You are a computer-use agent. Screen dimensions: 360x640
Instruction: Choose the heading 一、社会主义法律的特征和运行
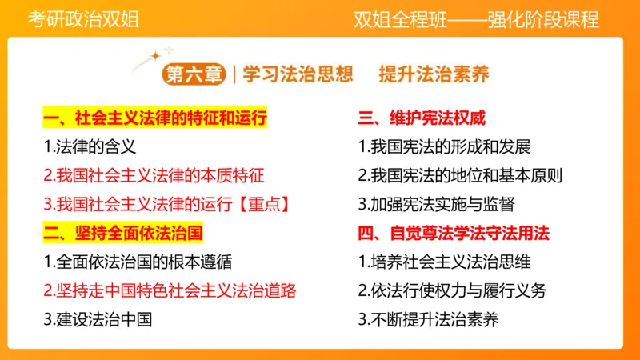coord(154,118)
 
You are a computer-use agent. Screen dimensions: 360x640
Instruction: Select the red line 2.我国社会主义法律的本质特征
coord(154,175)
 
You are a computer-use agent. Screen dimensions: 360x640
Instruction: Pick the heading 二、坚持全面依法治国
coord(122,233)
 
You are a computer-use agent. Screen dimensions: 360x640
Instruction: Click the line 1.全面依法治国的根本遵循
coord(138,262)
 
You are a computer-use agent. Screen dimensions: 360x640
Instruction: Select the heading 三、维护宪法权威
coord(421,118)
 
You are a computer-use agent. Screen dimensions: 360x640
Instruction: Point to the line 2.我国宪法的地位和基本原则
coord(460,175)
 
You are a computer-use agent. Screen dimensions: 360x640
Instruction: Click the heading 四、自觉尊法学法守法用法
coord(454,233)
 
